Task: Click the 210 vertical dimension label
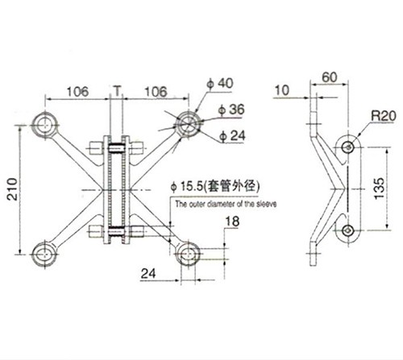pos(12,188)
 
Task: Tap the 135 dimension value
pos(379,188)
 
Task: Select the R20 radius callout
pos(384,116)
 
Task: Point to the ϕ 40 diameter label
pos(220,83)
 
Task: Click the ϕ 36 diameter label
pos(231,110)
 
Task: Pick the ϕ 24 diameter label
pos(232,136)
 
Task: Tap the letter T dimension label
pos(117,91)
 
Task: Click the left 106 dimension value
pos(77,92)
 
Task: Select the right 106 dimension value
pos(156,92)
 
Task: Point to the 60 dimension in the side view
pos(330,77)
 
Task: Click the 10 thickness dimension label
pos(282,90)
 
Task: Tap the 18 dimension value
pos(232,221)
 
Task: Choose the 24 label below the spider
pos(148,274)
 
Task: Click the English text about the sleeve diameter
pos(226,204)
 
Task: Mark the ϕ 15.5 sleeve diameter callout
pos(215,186)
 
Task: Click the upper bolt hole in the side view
pos(348,147)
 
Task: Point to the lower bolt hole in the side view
pos(348,230)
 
